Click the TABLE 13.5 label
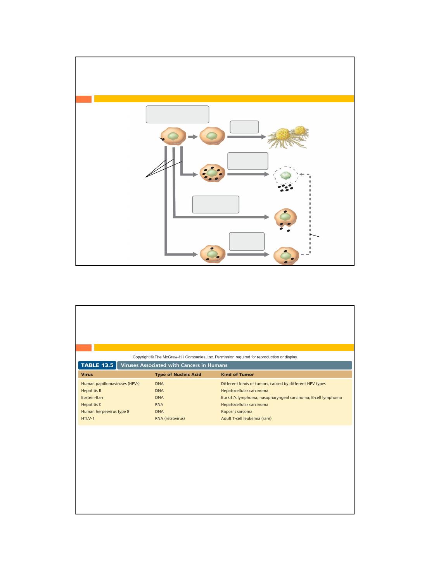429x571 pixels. tap(97, 365)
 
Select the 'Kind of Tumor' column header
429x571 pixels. tap(237, 375)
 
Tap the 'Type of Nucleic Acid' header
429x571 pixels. tap(178, 375)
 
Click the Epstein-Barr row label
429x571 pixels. tap(92, 397)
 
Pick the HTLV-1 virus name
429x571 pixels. tap(88, 418)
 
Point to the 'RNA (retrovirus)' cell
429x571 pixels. tap(170, 418)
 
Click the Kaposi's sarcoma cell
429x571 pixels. tap(237, 411)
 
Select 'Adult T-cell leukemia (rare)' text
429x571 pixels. tap(246, 418)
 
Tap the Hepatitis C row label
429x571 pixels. tap(91, 404)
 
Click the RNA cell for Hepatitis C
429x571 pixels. tap(159, 404)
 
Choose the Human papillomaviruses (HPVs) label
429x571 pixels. tap(110, 384)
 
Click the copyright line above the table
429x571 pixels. tap(215, 357)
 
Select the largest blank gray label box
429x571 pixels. tap(177, 114)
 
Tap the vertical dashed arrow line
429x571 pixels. tap(310, 214)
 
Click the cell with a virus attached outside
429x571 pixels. tap(173, 136)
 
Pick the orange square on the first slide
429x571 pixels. tap(84, 99)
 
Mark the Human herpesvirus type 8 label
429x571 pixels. tap(105, 411)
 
